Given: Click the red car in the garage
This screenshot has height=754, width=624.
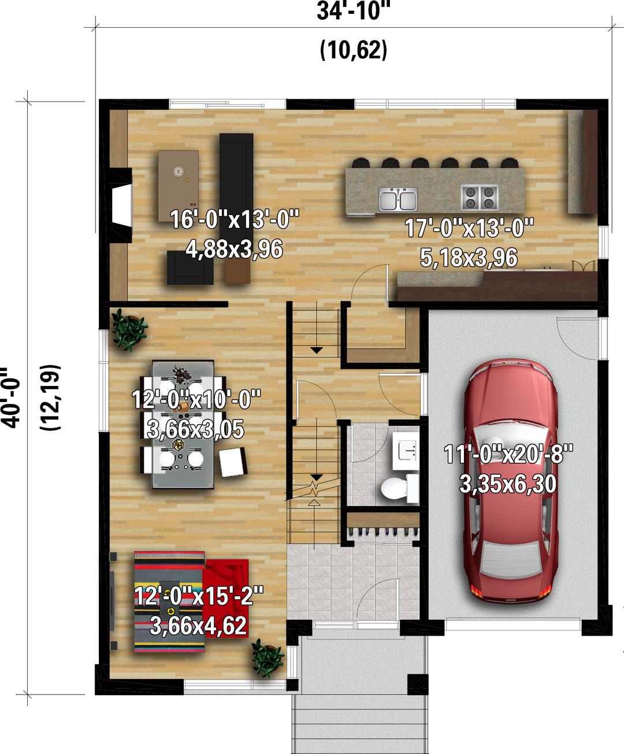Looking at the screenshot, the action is click(509, 480).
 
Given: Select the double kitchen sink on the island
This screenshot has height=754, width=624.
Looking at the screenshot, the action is click(398, 199).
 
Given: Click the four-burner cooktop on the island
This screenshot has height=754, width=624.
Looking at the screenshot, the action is click(480, 197).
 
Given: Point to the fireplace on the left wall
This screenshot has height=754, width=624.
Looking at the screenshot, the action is click(120, 205).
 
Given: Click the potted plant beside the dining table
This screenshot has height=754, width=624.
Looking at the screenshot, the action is click(129, 329).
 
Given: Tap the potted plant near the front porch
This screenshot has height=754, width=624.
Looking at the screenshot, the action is click(268, 659).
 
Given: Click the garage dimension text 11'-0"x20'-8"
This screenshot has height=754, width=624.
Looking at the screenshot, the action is click(508, 454).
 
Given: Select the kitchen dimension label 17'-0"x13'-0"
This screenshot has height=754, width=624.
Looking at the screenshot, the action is click(469, 228).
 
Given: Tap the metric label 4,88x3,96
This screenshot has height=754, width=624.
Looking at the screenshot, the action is click(234, 249).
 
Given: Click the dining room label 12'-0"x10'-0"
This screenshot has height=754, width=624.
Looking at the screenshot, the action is click(196, 399).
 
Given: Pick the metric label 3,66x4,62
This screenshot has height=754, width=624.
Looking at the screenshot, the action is click(198, 626).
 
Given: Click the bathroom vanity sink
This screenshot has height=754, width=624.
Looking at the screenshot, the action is click(406, 451).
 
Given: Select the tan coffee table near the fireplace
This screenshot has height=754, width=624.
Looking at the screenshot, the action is click(178, 186).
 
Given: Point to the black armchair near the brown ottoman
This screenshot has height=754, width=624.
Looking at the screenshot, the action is click(190, 268).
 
